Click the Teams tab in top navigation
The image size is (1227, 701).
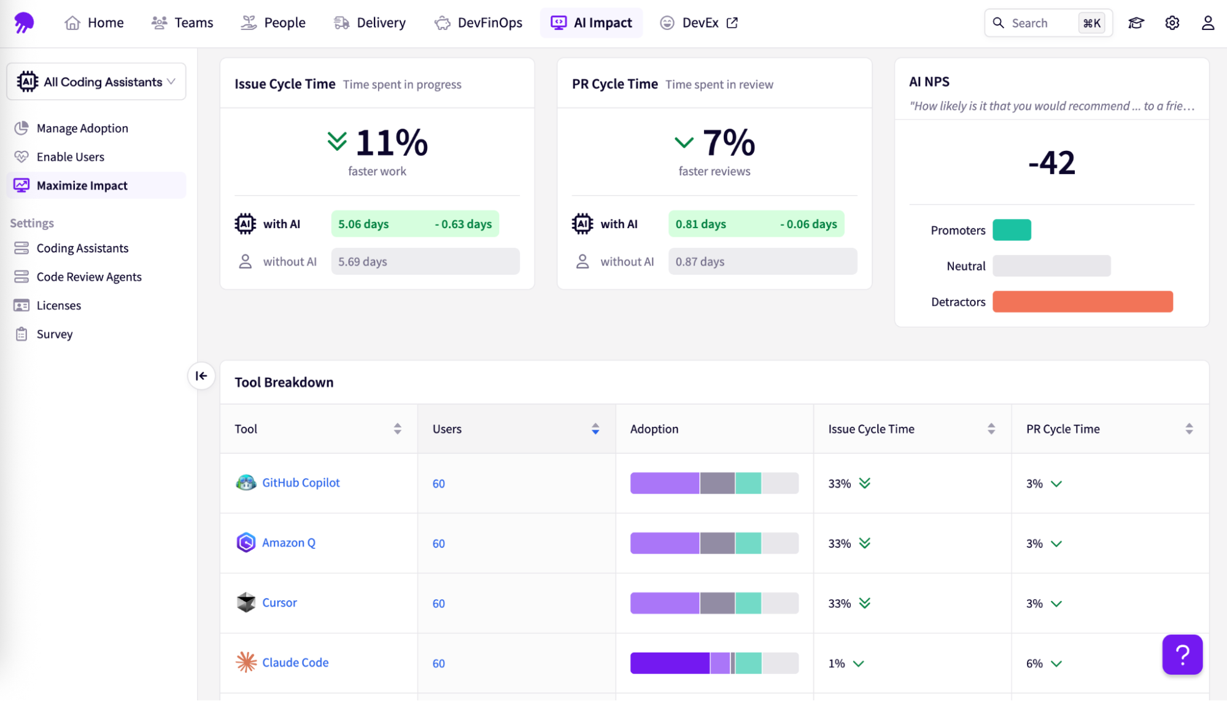182,23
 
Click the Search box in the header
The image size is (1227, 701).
1037,23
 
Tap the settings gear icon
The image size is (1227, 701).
1172,23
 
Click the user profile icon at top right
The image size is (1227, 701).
1207,23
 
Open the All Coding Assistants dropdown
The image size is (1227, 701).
96,82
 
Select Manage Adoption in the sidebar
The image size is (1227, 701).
82,128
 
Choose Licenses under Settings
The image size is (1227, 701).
58,305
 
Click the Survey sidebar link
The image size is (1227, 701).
54,334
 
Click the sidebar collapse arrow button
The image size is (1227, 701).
201,376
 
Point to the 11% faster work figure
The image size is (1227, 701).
391,143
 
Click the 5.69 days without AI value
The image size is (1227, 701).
363,262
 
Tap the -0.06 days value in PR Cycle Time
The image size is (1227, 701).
808,224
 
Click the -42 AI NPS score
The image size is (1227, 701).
1051,163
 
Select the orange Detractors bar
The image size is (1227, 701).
1082,302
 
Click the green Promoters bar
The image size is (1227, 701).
1012,230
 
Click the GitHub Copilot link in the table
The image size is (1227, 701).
301,483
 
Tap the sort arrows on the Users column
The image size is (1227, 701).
595,429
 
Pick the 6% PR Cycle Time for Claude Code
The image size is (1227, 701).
1034,664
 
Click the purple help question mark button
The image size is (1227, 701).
1182,655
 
